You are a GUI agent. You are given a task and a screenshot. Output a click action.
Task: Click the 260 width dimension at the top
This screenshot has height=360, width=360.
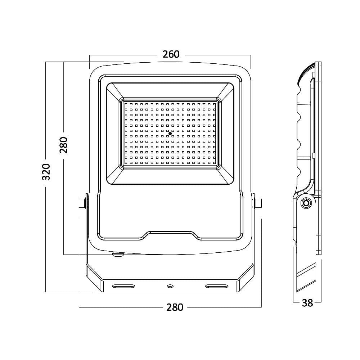coord(171,54)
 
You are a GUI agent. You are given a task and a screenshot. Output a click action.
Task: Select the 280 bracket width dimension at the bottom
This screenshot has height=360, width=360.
coord(175,307)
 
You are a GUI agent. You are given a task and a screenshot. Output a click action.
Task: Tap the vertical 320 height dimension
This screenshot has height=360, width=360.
coord(46,172)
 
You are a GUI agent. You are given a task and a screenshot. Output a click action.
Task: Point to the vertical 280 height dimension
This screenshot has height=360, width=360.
coord(64,145)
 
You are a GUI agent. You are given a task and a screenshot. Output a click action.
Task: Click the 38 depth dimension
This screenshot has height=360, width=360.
coord(307,303)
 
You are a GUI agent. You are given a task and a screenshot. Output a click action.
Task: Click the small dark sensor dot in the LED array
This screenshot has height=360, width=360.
coord(170,133)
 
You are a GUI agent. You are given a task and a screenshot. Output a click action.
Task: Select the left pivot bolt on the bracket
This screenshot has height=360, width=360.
coord(82,203)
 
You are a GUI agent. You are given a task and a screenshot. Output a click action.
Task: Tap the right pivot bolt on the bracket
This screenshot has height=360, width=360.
coord(257,203)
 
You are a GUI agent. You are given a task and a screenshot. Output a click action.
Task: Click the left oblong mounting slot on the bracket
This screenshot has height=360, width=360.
coord(123,286)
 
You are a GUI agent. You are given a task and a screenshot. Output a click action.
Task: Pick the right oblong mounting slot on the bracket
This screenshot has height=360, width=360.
coord(216,286)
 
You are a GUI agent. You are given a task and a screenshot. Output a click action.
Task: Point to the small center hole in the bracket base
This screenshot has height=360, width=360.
coord(170,286)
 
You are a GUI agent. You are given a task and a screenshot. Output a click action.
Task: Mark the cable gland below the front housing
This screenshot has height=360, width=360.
coord(118,254)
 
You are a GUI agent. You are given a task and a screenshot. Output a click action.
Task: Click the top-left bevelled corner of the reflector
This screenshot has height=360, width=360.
coord(115,91)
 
